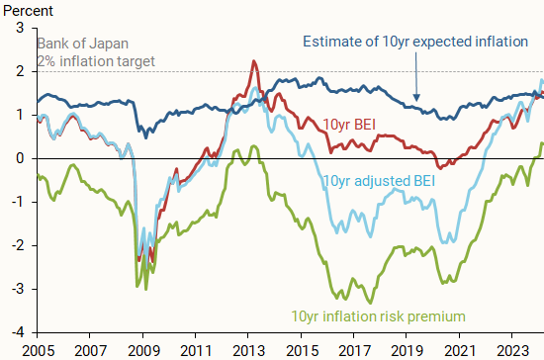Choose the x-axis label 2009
[x=142, y=349]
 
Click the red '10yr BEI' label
[x=347, y=125]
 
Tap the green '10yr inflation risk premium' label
[x=379, y=316]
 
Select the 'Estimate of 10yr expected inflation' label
[x=414, y=42]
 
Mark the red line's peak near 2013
[x=254, y=61]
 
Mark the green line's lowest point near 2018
[x=371, y=303]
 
